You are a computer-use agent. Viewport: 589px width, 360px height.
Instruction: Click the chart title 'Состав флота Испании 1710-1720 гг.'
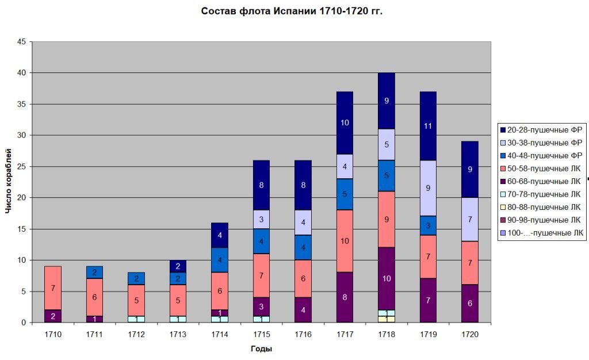point(292,12)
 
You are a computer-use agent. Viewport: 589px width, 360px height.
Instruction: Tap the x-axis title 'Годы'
point(261,348)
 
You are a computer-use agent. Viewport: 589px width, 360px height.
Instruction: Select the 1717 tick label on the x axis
point(345,333)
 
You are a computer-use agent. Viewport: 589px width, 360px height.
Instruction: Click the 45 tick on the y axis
point(21,42)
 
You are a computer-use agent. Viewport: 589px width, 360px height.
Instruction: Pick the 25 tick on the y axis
point(21,167)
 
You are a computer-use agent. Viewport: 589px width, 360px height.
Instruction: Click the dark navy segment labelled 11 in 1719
point(428,126)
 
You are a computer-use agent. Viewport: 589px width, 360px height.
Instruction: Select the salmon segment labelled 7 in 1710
point(53,288)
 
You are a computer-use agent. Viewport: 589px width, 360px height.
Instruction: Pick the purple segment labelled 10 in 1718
point(387,279)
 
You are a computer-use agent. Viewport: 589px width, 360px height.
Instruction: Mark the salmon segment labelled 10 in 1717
point(345,242)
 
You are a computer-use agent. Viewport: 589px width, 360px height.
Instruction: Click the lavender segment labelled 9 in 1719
point(428,188)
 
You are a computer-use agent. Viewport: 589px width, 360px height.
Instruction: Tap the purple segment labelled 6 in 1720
point(470,304)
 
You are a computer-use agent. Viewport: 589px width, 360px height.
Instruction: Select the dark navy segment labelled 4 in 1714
point(220,235)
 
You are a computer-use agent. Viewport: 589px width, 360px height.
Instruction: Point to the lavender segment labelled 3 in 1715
point(261,219)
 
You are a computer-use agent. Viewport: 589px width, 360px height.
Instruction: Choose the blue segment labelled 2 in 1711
point(94,273)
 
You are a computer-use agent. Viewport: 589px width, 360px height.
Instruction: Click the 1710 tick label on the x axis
point(53,333)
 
